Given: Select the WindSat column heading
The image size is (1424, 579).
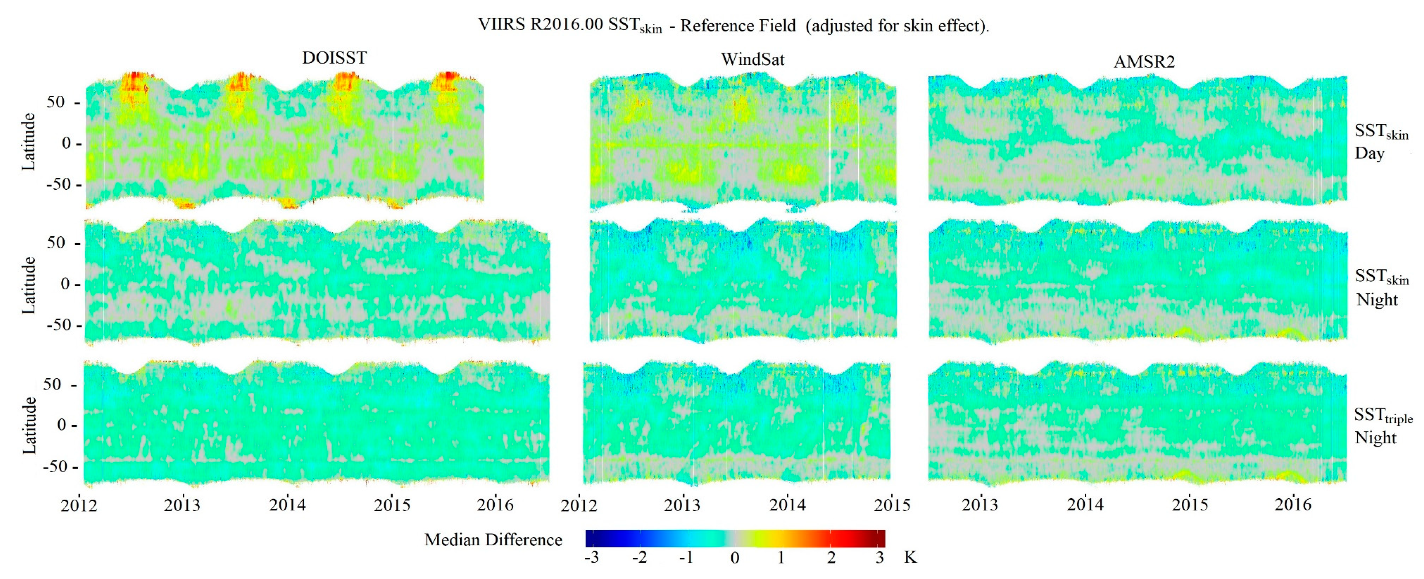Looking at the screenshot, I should click(753, 60).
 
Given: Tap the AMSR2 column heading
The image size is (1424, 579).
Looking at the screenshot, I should click(1144, 62).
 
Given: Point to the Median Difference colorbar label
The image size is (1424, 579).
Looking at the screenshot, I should click(493, 540).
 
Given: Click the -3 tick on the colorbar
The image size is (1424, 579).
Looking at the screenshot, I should click(591, 558).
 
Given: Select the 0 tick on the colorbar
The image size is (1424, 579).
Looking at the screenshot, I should click(735, 558).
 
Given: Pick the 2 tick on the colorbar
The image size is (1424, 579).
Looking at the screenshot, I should click(831, 558).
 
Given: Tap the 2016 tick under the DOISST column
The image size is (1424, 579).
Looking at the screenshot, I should click(495, 504).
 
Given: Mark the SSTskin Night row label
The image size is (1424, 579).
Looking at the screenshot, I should click(1381, 287).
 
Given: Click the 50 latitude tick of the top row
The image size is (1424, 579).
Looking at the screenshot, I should click(56, 102).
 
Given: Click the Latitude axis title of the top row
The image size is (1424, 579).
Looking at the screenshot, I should click(28, 142).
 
